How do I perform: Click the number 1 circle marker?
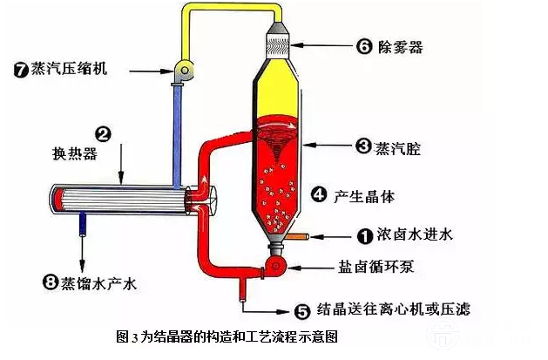point(366,234)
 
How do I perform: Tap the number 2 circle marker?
point(103,134)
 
